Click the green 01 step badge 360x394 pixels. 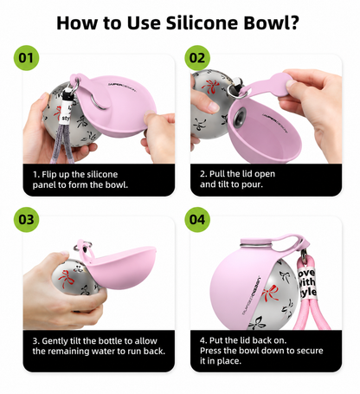26,58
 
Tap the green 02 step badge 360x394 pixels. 197,58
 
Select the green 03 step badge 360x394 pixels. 26,219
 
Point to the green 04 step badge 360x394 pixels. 197,219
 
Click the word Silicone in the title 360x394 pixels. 202,23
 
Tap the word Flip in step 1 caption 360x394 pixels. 49,175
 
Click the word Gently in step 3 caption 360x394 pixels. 55,341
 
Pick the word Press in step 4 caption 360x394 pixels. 210,351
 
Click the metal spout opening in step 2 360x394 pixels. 241,117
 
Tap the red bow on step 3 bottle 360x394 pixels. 66,278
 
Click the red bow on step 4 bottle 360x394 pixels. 269,293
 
